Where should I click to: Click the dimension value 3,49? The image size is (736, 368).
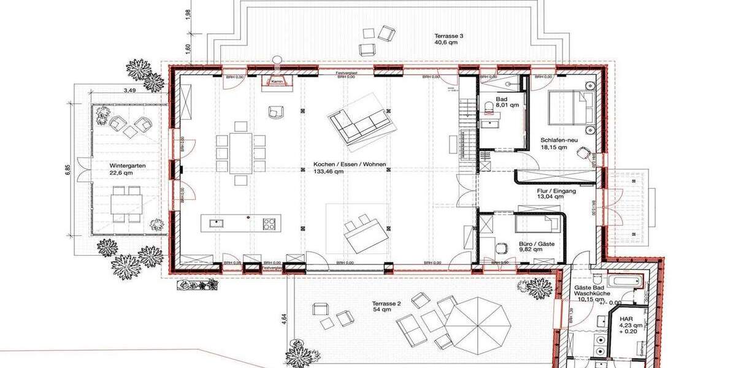click(x=129, y=91)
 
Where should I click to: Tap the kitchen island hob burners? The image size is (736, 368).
click(x=269, y=223)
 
